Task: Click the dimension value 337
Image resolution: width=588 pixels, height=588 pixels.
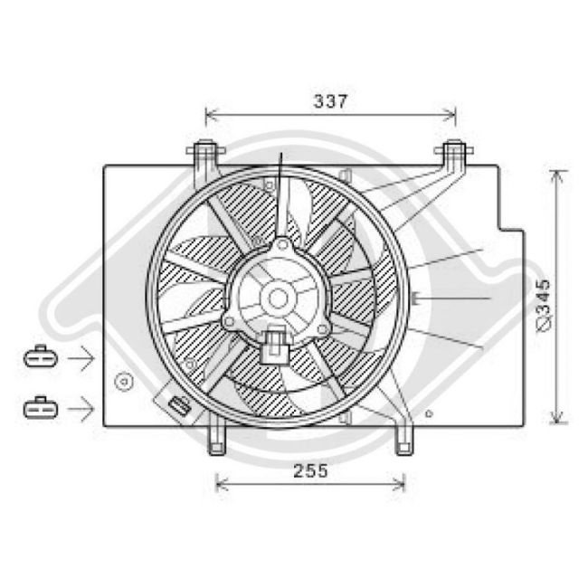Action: [x=331, y=101]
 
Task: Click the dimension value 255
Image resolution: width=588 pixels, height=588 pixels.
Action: [x=310, y=471]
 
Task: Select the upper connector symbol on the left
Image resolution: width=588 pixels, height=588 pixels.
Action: [x=39, y=358]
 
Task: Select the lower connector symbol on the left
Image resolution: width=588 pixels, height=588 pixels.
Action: [x=39, y=408]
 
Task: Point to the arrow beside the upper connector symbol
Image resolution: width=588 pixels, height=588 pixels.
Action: [x=81, y=359]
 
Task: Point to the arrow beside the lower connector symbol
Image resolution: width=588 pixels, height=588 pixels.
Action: [x=81, y=409]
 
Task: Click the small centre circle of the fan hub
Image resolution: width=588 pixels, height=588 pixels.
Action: [x=279, y=297]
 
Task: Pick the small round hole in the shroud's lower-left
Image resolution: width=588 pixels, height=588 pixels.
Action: [x=120, y=383]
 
